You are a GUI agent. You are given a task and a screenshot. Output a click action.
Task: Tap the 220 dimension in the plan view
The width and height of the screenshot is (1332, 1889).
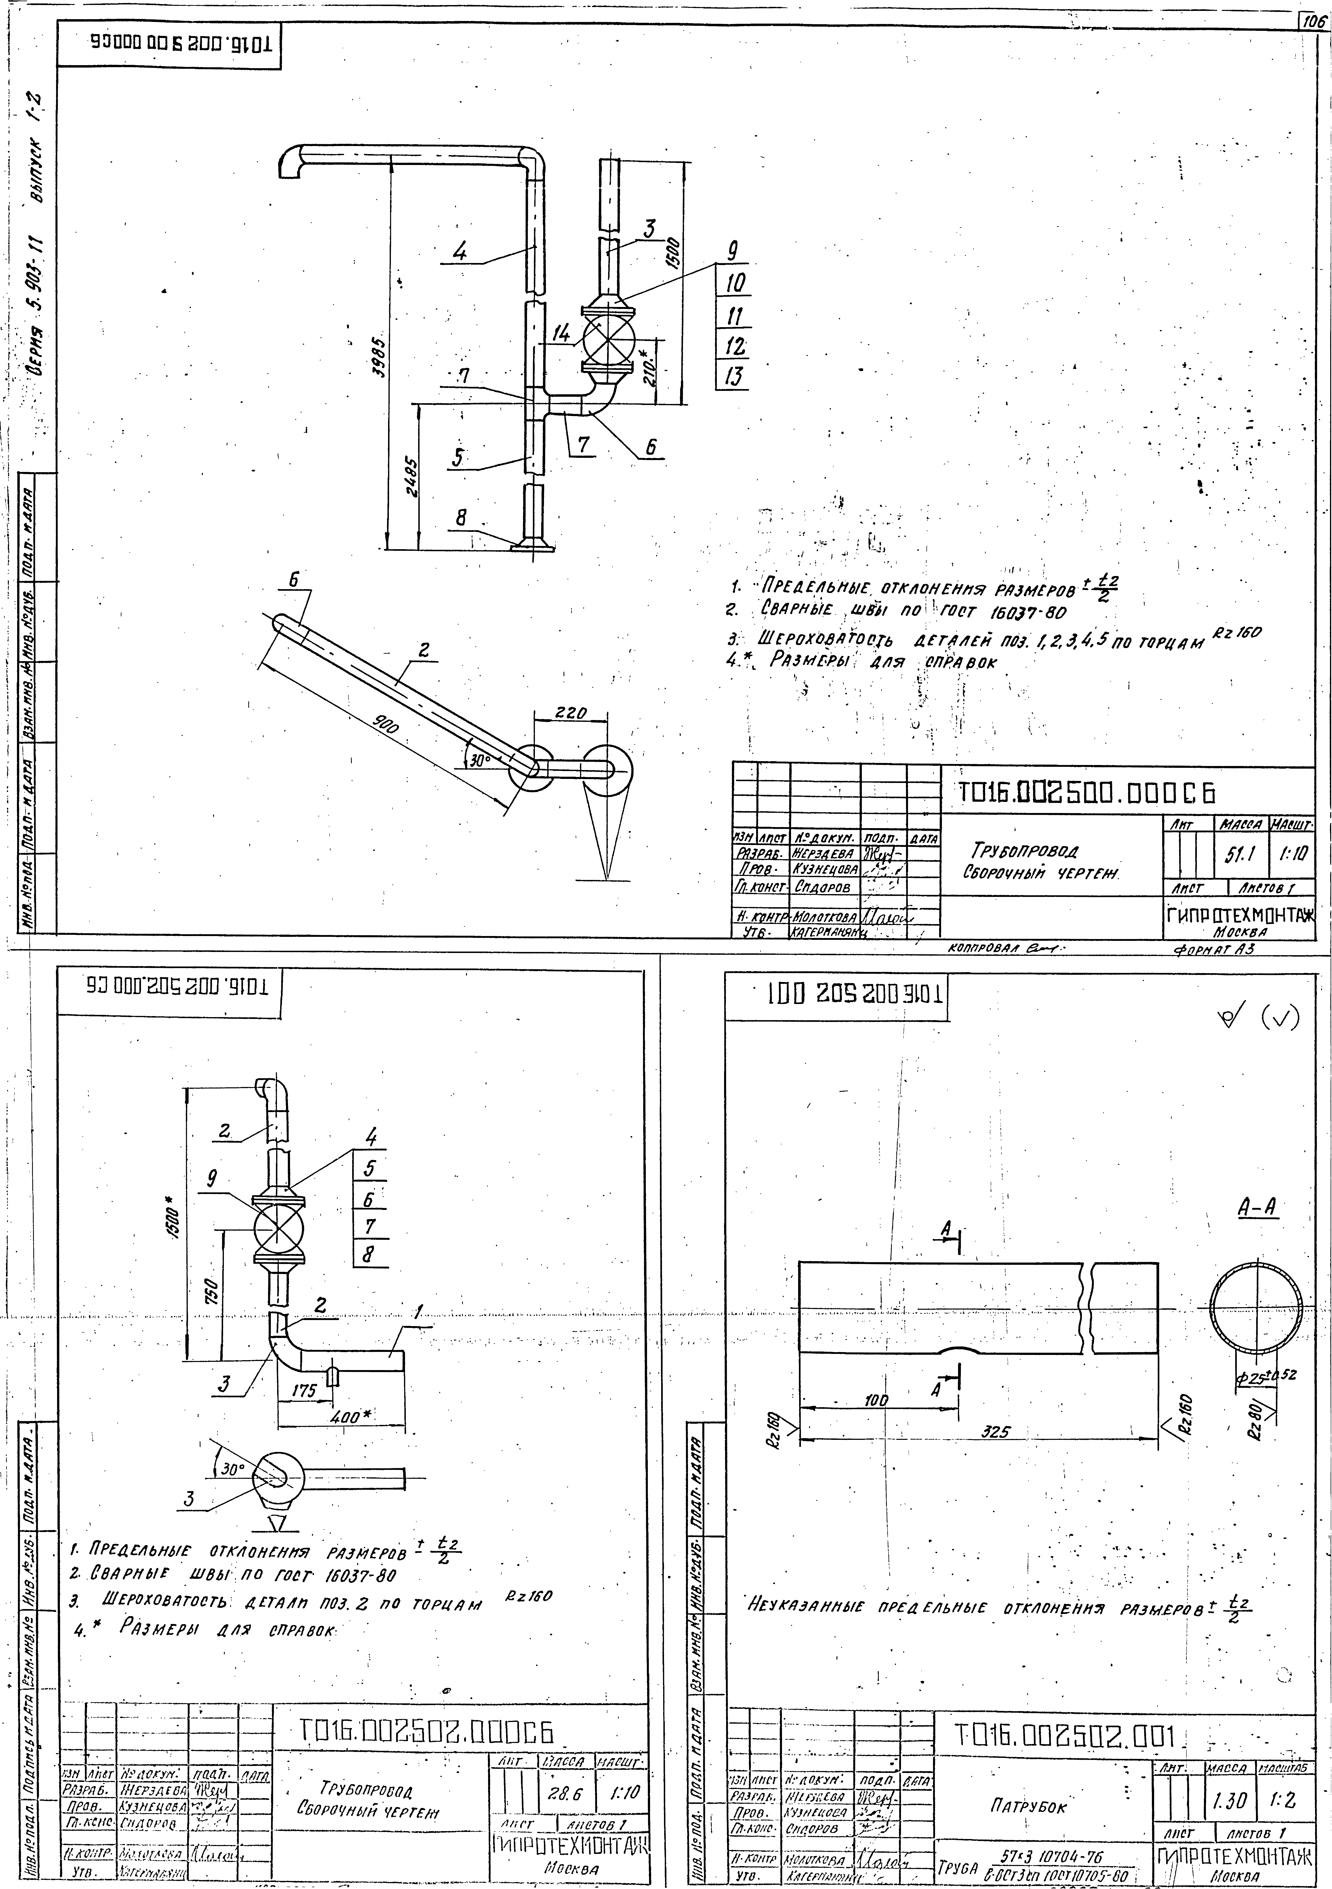[x=570, y=713]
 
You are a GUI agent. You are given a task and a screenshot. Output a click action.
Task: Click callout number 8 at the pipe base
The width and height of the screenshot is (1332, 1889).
[x=461, y=518]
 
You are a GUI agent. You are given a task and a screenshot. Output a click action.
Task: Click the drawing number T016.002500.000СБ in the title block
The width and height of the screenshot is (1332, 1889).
[x=1086, y=792]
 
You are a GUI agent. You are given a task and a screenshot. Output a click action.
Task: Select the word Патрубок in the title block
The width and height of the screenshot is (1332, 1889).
[x=1028, y=1807]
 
